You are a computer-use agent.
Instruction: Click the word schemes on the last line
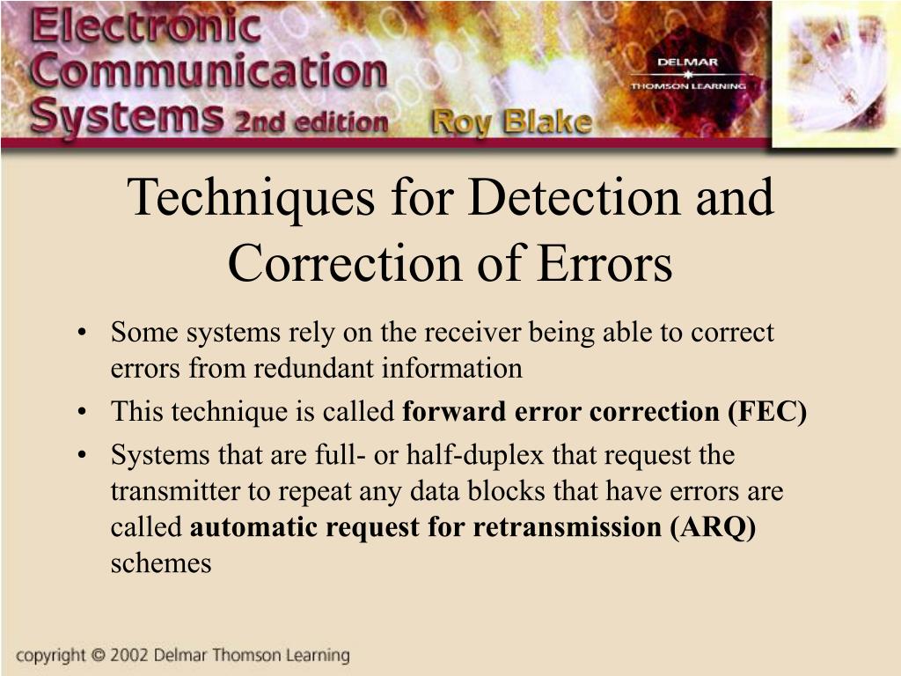(161, 563)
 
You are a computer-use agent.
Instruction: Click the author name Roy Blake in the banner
(509, 122)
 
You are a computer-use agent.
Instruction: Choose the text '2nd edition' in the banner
(311, 121)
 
